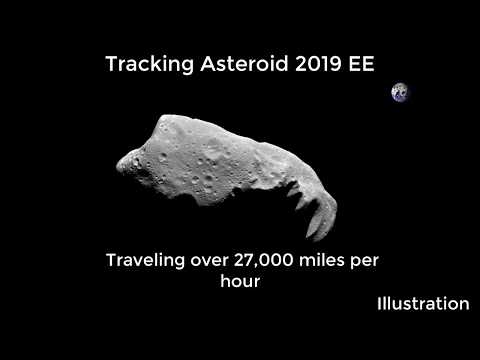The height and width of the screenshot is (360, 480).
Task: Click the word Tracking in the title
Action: coord(141,64)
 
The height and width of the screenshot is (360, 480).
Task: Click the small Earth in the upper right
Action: coord(401,93)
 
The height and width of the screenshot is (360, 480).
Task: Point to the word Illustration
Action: coord(423,302)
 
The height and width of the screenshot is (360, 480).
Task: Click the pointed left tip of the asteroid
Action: coord(119,160)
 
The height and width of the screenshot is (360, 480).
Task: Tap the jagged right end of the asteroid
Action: coord(323,222)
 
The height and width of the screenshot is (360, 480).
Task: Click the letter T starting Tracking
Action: coord(111,64)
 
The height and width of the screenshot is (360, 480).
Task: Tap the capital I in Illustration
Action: coord(380,302)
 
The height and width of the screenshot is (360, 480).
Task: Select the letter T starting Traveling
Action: coord(111,261)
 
